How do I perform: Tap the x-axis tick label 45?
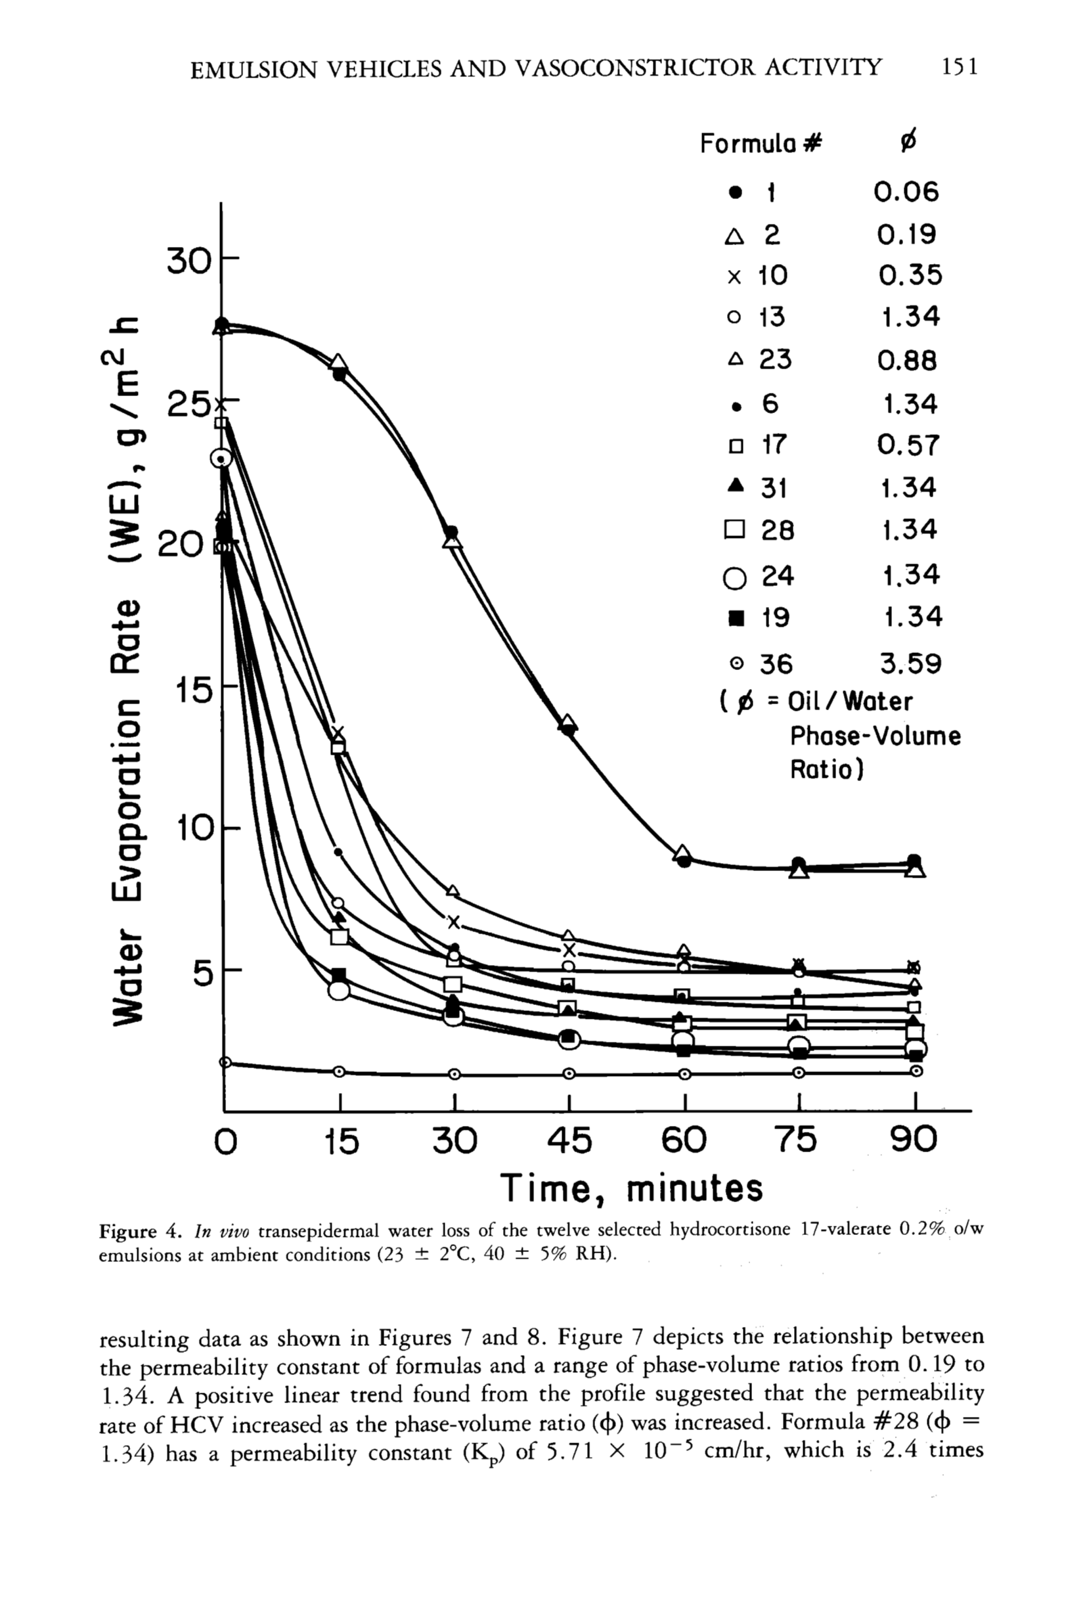(x=569, y=1140)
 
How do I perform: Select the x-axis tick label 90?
(x=914, y=1140)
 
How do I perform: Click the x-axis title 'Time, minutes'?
(x=631, y=1188)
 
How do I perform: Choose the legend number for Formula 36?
(x=776, y=664)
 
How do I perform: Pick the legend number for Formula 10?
(x=773, y=276)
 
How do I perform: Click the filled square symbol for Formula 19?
(x=737, y=617)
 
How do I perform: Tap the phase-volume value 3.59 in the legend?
(x=910, y=664)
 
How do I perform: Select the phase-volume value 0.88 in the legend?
(x=907, y=361)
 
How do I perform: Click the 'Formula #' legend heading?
(x=760, y=144)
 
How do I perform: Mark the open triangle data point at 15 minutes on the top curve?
(x=338, y=362)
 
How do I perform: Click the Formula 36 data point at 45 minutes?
(x=569, y=1073)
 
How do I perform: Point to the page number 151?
(x=959, y=67)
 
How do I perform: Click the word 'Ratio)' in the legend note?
(x=826, y=770)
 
